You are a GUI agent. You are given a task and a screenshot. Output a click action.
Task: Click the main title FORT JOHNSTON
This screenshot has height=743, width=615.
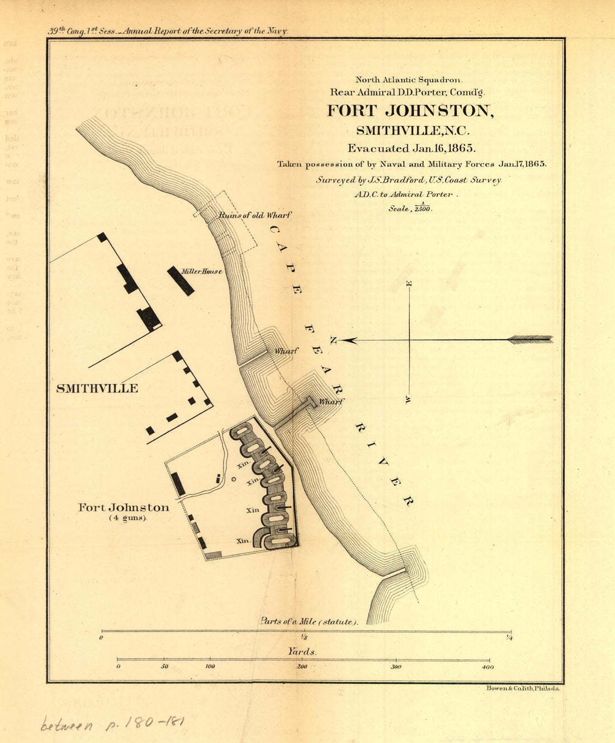coord(410,111)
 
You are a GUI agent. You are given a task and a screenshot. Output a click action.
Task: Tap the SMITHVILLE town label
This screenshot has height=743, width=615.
coord(97,389)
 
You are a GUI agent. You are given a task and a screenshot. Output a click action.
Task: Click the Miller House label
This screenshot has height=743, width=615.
coord(202,272)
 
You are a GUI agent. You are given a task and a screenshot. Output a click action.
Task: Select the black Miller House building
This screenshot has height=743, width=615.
coord(181,281)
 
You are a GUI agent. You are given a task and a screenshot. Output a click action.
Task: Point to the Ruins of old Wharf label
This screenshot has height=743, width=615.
coord(255,215)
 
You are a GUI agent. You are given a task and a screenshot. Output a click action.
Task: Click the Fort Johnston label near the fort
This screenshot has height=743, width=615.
coord(124,508)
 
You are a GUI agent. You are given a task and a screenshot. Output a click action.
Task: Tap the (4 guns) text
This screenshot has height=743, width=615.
coord(127,518)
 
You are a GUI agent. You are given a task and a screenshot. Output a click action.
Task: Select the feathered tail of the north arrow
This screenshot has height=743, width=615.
coord(530,339)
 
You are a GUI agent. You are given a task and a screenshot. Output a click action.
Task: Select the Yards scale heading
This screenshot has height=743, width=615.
coord(302,651)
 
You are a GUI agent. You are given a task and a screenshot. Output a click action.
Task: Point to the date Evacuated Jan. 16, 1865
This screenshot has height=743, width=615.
coord(411,149)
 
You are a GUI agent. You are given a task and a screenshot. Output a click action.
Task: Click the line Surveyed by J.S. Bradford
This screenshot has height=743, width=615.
coord(409,180)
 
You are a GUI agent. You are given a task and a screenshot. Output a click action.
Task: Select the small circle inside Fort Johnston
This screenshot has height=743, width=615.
coord(234,479)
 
